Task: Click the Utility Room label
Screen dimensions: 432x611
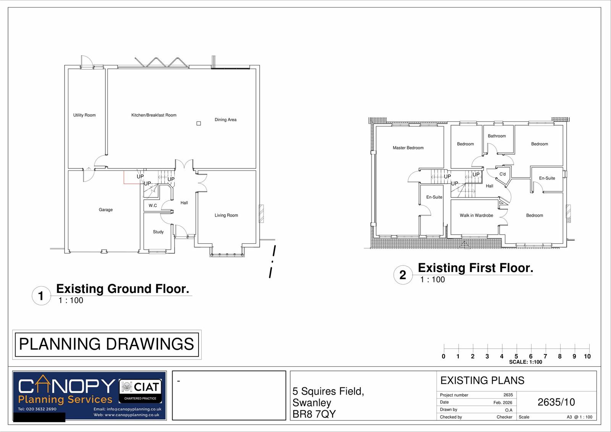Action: point(84,115)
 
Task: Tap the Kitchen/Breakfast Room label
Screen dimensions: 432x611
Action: point(154,115)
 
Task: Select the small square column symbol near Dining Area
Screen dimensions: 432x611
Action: point(199,123)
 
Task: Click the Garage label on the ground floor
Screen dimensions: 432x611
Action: point(106,210)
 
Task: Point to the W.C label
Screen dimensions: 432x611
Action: point(153,205)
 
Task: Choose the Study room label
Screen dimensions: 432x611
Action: point(158,232)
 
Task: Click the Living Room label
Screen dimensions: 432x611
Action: point(226,215)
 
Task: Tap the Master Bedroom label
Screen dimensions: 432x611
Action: point(408,148)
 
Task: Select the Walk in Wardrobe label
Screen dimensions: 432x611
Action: point(476,215)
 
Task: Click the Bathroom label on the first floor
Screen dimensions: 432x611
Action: point(496,136)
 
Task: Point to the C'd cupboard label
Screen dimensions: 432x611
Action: point(503,174)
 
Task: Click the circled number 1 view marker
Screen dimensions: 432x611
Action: point(41,296)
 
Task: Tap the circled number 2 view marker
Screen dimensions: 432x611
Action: point(402,275)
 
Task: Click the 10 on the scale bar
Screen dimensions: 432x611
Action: point(587,356)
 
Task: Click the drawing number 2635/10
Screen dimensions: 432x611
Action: point(556,402)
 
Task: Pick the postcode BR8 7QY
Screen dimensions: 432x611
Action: point(314,414)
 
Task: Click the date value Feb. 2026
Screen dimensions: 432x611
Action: point(503,403)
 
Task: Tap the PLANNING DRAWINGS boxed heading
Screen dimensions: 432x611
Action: point(107,344)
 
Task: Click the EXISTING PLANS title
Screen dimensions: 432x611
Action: point(482,380)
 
